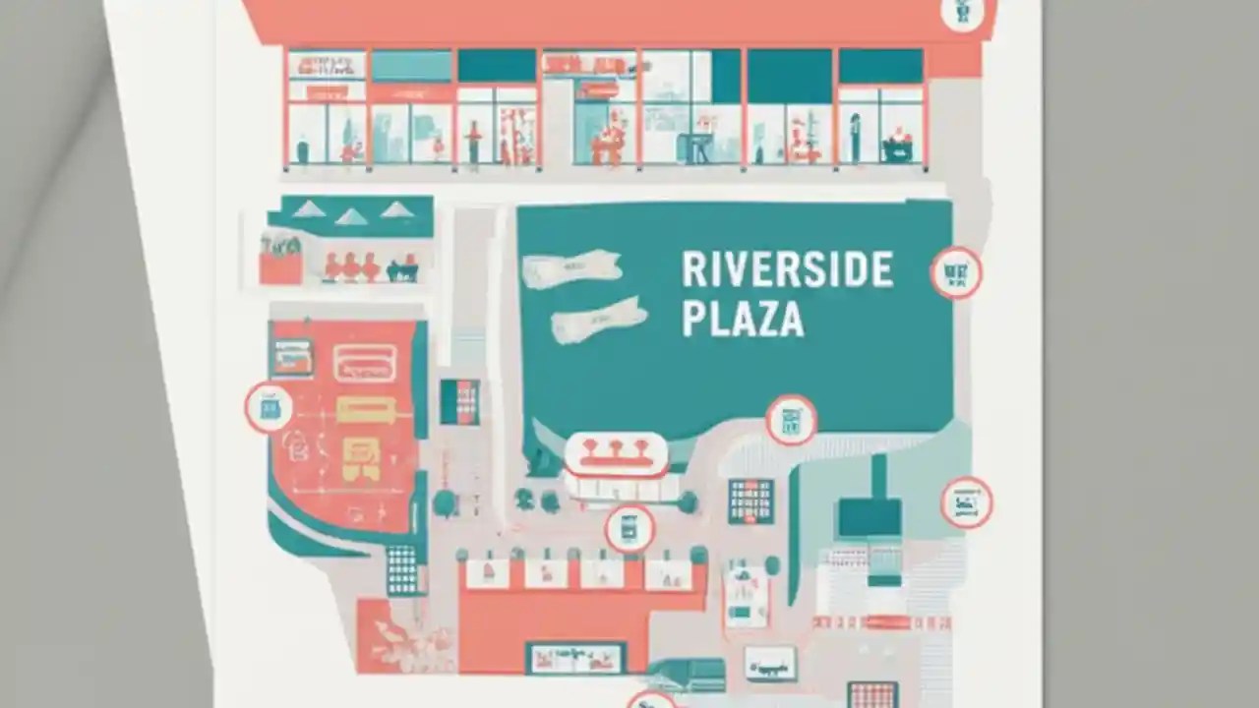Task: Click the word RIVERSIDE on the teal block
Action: point(787,270)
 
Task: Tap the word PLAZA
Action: point(743,321)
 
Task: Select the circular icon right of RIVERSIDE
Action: point(955,272)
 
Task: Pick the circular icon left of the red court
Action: point(269,407)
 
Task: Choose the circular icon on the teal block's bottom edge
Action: point(791,420)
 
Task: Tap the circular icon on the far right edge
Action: point(966,502)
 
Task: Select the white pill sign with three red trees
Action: point(617,453)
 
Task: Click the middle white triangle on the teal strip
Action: point(352,216)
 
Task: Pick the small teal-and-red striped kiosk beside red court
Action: point(459,401)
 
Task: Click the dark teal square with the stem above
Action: point(869,516)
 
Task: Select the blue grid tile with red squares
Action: point(750,501)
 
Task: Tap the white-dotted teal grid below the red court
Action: point(401,568)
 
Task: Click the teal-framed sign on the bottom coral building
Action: point(575,657)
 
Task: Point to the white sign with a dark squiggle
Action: point(769,663)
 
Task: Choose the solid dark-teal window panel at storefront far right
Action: point(880,66)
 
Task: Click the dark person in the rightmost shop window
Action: point(855,138)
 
